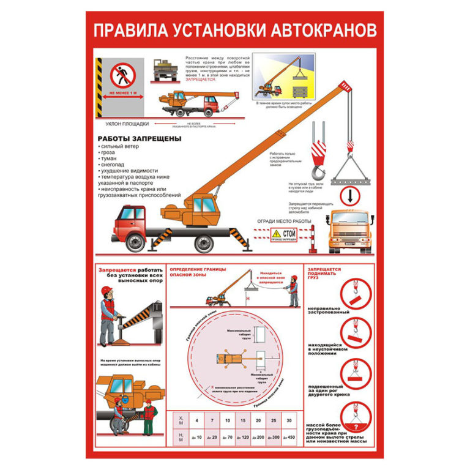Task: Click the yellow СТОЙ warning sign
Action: point(283,234)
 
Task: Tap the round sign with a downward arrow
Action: point(346,196)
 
